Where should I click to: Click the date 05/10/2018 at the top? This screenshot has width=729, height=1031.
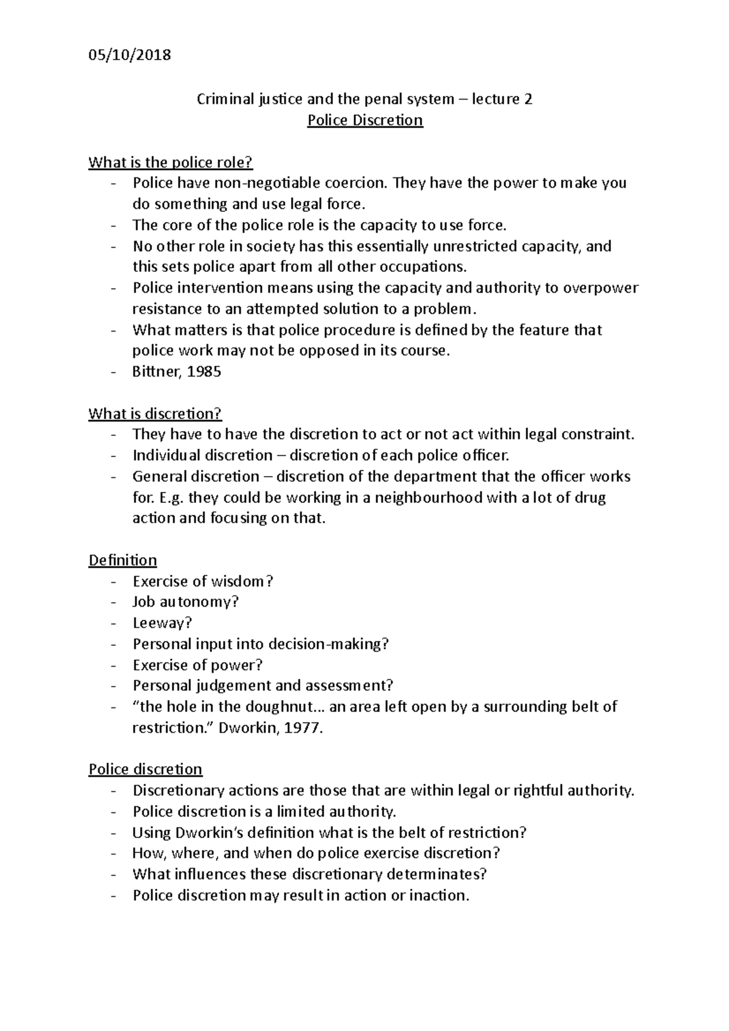[x=129, y=55]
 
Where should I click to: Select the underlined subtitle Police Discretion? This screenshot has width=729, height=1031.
[x=364, y=120]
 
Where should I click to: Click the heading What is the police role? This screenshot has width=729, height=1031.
[x=170, y=162]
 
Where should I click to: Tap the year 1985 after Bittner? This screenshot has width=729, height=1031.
[x=204, y=372]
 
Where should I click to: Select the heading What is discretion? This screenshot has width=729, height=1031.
[x=155, y=413]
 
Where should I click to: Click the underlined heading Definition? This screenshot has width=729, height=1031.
[x=123, y=560]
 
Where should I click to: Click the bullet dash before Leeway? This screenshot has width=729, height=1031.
[x=113, y=624]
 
